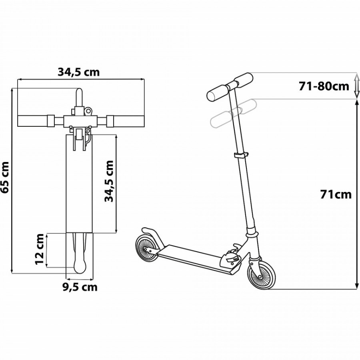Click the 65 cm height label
coord(6,177)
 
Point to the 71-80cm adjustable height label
coord(324,86)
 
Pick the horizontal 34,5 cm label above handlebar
coord(78,72)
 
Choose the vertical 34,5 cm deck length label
coord(109,181)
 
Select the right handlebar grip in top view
coord(126,120)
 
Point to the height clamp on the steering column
coord(240,156)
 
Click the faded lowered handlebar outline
coord(232,114)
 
